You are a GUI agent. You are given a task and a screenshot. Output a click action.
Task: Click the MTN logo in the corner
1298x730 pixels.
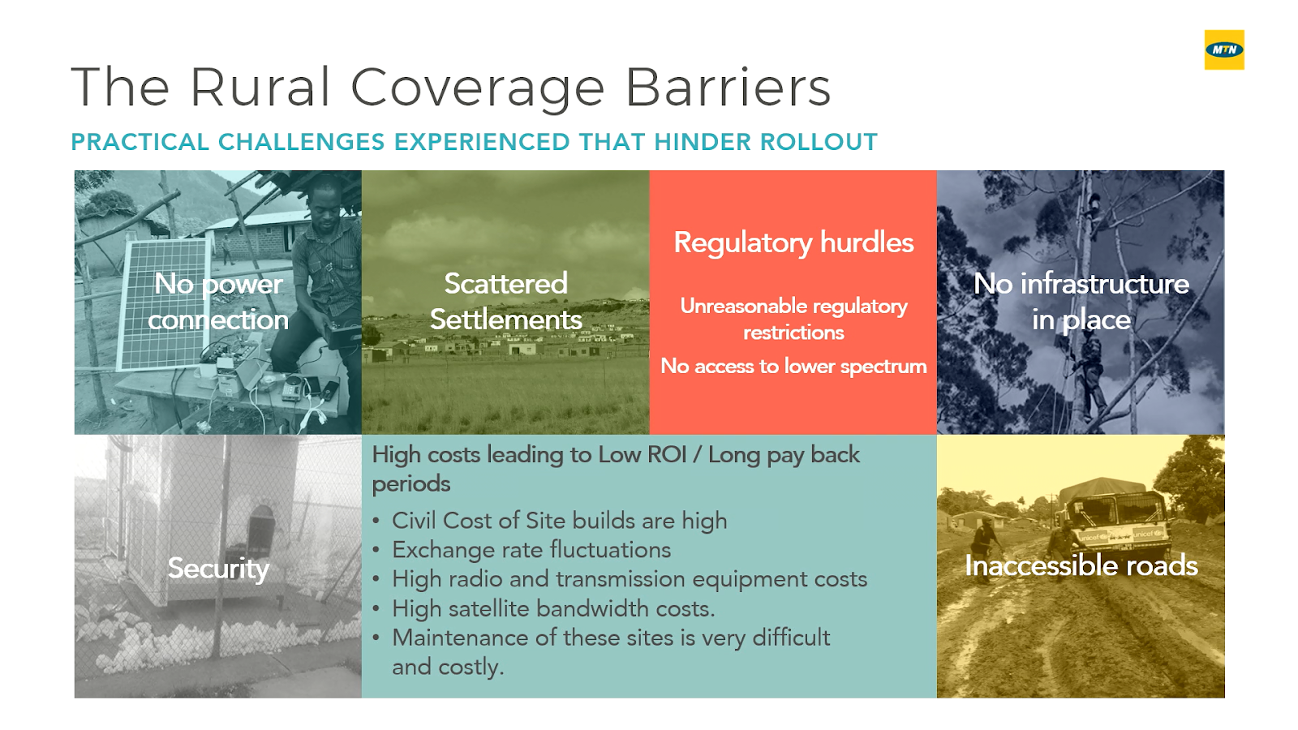pos(1224,49)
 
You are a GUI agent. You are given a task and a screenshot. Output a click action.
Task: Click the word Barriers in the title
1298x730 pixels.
pos(729,88)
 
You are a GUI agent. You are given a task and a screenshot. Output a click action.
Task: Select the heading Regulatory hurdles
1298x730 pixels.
pos(793,243)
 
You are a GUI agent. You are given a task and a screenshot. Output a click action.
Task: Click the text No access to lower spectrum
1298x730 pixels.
pos(793,366)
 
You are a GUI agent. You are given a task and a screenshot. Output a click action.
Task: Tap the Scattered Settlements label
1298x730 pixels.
pos(506,301)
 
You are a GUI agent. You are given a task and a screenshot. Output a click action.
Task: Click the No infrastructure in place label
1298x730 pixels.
pos(1081,301)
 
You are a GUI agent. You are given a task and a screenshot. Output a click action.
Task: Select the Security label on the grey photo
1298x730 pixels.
pos(218,569)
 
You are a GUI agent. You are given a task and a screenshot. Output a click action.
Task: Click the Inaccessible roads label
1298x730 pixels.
pos(1081,565)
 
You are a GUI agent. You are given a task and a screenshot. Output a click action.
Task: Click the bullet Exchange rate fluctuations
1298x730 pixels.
pos(531,550)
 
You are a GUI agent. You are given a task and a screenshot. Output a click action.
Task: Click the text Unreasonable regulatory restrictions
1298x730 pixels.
pos(793,320)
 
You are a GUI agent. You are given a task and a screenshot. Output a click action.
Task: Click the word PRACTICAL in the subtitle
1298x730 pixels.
pos(140,142)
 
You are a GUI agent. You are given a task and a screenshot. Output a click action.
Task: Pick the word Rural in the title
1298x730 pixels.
pos(260,88)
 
